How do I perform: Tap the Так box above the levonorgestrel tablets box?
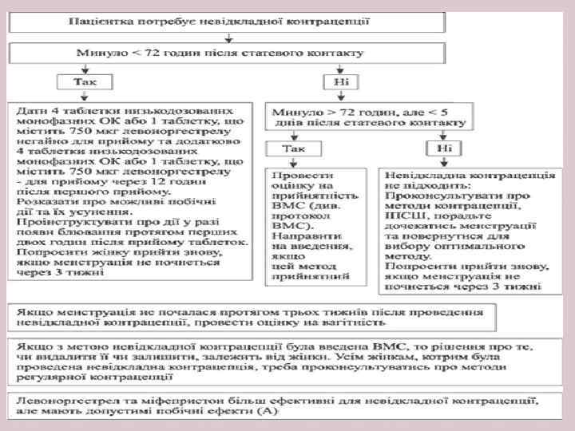[81, 82]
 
